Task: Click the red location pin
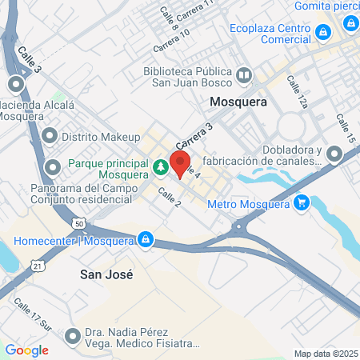tap(180, 162)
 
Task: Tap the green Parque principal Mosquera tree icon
tap(161, 166)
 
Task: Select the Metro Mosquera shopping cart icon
tap(301, 203)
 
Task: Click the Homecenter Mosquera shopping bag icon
tap(146, 238)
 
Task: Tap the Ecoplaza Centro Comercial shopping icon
tap(323, 32)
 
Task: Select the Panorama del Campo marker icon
tap(54, 167)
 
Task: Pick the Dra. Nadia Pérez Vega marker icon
tap(74, 335)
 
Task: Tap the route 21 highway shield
tap(38, 265)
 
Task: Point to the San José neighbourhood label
tap(106, 274)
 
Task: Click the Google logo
tap(27, 350)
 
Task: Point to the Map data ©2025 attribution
tap(325, 354)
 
